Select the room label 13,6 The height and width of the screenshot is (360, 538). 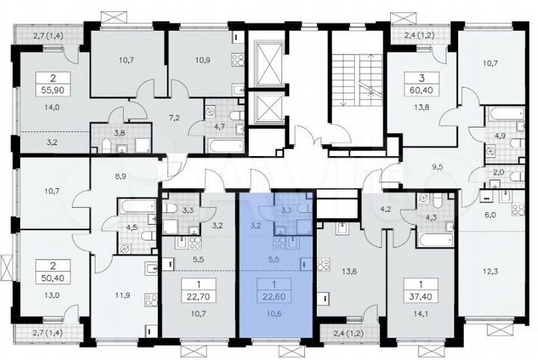[347, 271]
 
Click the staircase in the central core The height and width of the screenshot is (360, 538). [357, 82]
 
